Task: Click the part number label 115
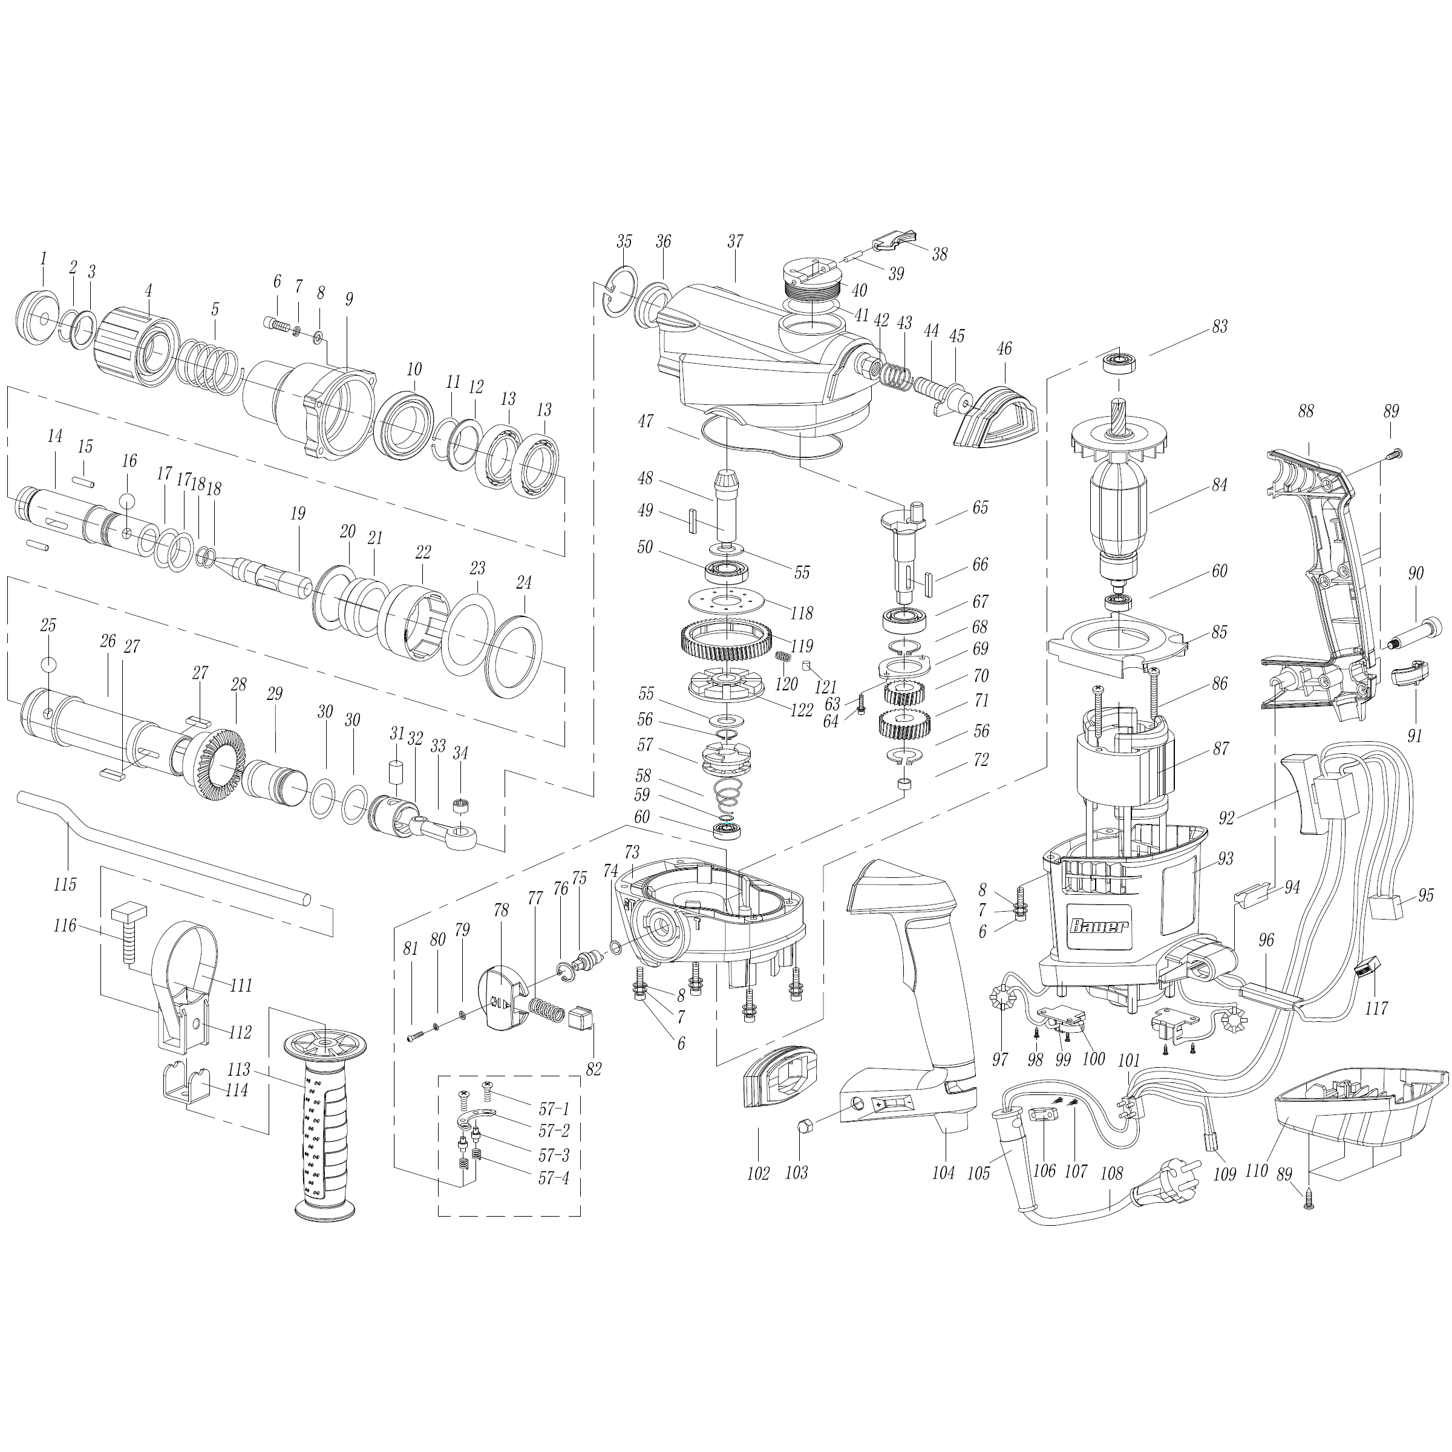click(x=65, y=885)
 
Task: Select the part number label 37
click(x=735, y=241)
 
